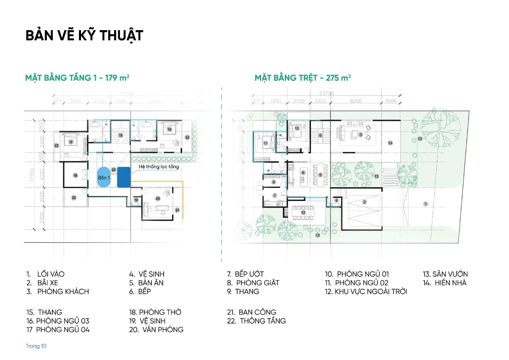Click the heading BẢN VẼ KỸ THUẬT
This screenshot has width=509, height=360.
[84, 36]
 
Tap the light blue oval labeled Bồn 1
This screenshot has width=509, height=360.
[103, 177]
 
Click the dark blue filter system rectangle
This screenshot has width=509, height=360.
[123, 177]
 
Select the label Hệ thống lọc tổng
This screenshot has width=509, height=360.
[159, 167]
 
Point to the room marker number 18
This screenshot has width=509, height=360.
[75, 175]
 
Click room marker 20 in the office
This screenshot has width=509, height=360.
[158, 198]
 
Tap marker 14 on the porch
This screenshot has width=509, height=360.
[390, 143]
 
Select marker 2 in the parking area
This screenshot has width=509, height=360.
[364, 202]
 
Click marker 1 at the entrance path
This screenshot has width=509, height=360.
[425, 204]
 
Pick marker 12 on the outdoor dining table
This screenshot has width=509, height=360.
[303, 212]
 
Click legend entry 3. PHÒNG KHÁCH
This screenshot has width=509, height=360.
[58, 291]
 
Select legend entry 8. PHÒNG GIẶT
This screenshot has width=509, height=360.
[253, 283]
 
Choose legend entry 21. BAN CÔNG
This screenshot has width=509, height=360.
[252, 312]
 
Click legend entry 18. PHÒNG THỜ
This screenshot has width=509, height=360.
[155, 312]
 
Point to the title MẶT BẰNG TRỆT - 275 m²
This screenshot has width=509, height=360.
[302, 78]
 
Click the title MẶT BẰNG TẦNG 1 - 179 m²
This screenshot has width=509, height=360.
[77, 78]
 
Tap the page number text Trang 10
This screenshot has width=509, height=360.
[36, 346]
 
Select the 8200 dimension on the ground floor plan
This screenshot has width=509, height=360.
[356, 101]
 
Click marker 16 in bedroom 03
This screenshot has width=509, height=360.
[169, 129]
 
